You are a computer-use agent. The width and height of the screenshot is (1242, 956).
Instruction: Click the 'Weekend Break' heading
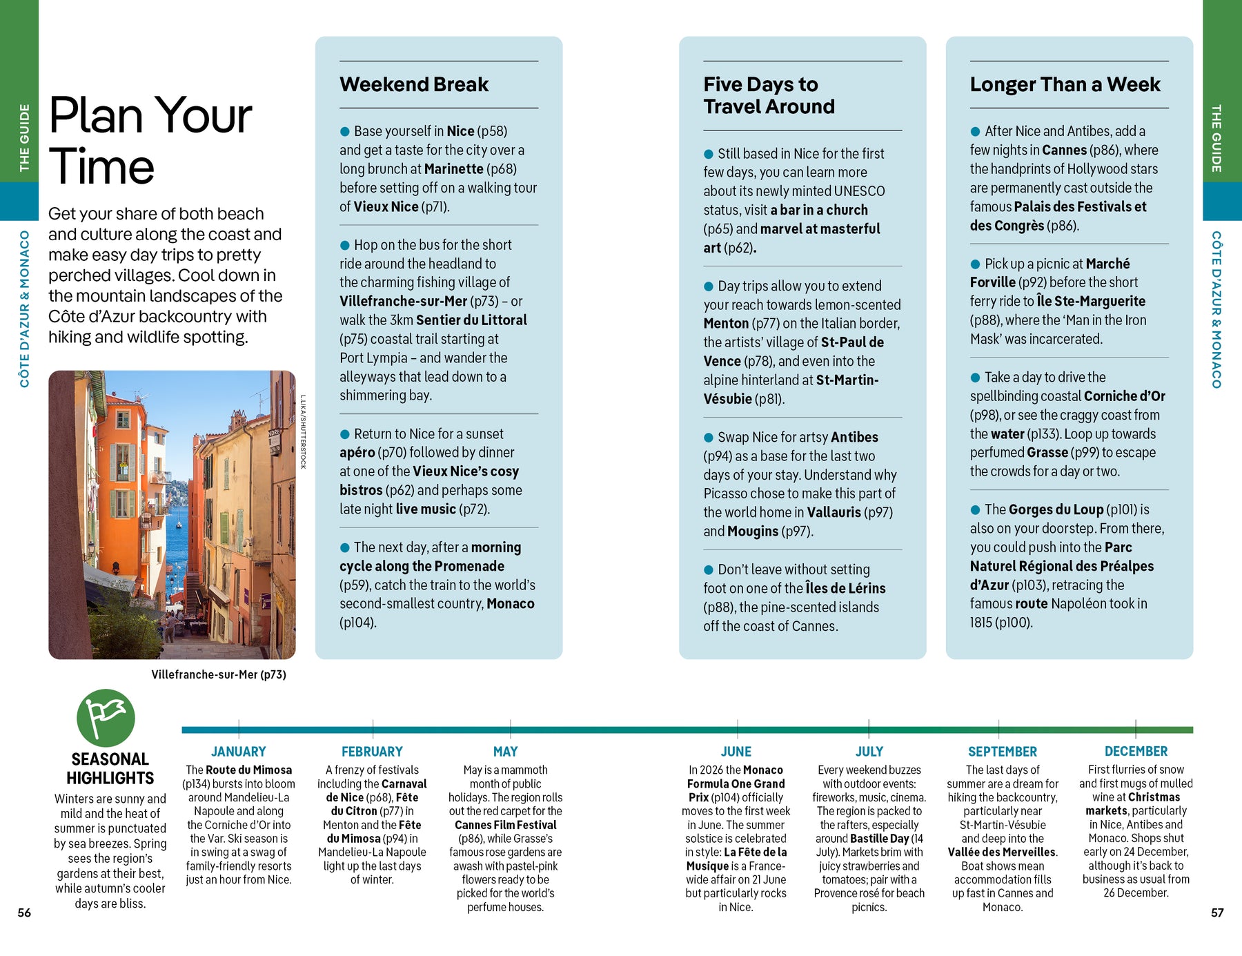(x=414, y=85)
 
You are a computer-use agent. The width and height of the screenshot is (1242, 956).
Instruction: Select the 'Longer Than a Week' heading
(x=1065, y=85)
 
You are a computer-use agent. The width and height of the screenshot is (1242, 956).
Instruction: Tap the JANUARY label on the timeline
(x=238, y=752)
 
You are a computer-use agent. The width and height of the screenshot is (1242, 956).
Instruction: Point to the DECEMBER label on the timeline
(x=1136, y=751)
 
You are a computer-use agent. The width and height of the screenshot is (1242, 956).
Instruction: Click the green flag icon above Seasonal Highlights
(x=106, y=717)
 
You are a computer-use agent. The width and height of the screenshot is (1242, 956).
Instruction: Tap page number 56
(x=24, y=913)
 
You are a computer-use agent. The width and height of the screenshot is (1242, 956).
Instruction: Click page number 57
(x=1217, y=913)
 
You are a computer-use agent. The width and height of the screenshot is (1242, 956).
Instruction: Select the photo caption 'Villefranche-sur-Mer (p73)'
(x=219, y=674)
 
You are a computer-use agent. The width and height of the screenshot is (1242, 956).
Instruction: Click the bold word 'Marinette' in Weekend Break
(x=453, y=169)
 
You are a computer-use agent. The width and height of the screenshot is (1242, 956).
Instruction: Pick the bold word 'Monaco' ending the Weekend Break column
(x=511, y=604)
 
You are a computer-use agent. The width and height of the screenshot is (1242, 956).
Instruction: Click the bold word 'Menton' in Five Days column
(x=726, y=324)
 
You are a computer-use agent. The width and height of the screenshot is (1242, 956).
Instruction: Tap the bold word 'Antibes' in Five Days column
(x=854, y=438)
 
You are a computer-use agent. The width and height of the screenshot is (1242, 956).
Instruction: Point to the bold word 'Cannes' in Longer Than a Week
(x=1064, y=150)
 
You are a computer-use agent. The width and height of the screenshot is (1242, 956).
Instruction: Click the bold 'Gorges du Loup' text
(x=1056, y=510)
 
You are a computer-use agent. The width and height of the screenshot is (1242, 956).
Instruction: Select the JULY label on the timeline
(x=869, y=752)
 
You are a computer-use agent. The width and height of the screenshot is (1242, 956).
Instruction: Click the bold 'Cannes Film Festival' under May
(x=505, y=825)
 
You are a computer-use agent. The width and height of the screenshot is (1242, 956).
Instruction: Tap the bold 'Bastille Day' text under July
(x=879, y=839)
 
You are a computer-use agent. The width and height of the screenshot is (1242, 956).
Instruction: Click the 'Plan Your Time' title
(x=150, y=141)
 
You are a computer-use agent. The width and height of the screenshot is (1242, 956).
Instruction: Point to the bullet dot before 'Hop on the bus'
(x=345, y=246)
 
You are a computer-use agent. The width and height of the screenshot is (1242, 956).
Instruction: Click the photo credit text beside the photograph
(x=302, y=432)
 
